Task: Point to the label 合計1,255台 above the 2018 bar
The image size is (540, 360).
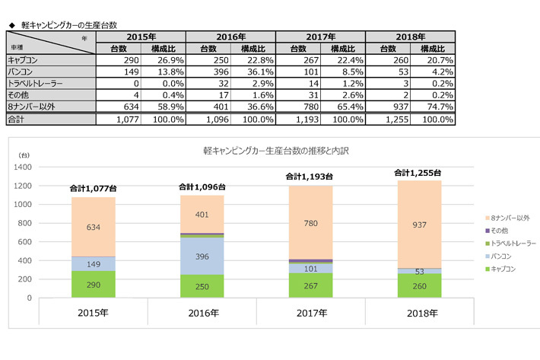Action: [x=418, y=173]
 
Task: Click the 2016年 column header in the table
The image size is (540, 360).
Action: [x=230, y=36]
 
